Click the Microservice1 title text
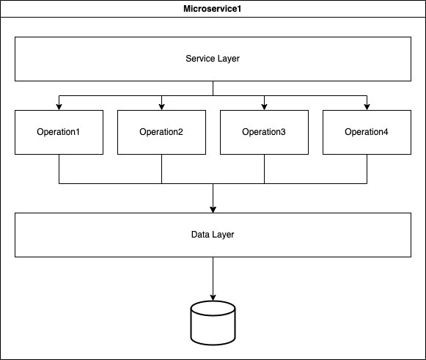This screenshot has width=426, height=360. [213, 9]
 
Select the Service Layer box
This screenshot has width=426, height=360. [213, 59]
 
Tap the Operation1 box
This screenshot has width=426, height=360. [59, 132]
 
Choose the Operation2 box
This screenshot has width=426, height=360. [161, 132]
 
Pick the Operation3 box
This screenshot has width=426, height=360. [264, 132]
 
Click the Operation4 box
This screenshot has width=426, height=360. [367, 132]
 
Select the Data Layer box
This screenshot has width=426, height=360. [213, 235]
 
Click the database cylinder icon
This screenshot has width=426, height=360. [213, 323]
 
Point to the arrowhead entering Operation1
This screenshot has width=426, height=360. [59, 107]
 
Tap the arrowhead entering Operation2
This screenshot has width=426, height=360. [161, 107]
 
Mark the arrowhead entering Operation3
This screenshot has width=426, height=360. [264, 107]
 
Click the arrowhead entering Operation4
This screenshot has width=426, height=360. [367, 107]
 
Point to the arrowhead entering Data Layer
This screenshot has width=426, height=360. [213, 210]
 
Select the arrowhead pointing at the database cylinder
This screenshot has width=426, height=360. [213, 297]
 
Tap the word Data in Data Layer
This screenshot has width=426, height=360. [199, 235]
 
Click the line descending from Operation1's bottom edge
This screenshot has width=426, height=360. [59, 169]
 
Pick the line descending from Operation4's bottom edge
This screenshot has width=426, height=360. [367, 169]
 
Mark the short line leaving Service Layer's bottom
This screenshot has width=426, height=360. [213, 88]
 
